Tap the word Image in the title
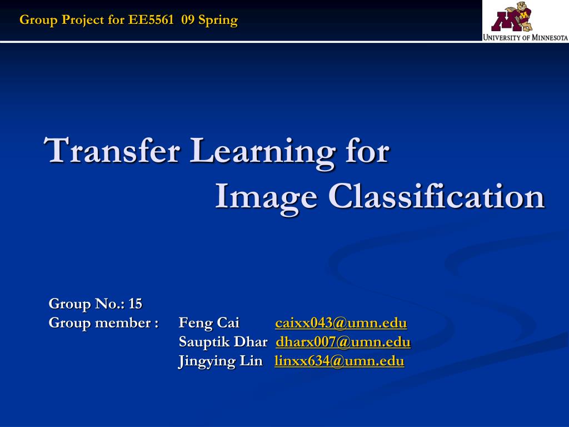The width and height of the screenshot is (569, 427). click(x=266, y=196)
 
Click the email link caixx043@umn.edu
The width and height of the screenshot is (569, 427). click(x=341, y=323)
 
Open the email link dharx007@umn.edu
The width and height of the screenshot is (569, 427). click(x=343, y=342)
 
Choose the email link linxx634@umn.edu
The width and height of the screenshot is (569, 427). click(x=339, y=361)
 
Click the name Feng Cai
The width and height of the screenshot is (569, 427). click(x=209, y=323)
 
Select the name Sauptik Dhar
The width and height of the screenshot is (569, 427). click(x=223, y=342)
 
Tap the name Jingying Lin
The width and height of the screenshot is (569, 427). click(x=220, y=361)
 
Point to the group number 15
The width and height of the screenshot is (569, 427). click(x=135, y=304)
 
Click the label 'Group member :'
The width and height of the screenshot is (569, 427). click(x=104, y=323)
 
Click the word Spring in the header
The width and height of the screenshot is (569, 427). click(x=218, y=21)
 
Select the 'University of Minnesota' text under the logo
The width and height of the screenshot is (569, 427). click(x=525, y=38)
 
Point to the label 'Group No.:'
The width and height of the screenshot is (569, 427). click(x=87, y=304)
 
